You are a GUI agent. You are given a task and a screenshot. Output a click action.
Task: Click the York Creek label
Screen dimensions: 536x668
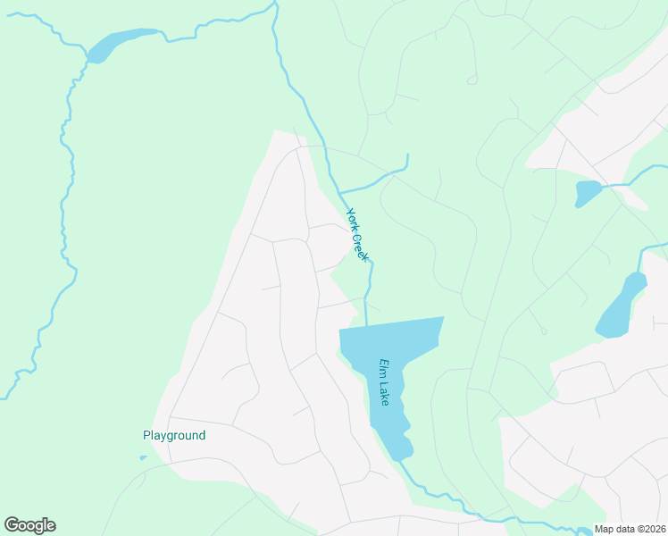[357, 234]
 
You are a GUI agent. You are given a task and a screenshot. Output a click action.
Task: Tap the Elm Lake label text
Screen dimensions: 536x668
[385, 382]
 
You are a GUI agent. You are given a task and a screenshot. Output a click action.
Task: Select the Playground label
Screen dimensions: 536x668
[174, 436]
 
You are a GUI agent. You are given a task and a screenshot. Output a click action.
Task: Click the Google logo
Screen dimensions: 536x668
[29, 525]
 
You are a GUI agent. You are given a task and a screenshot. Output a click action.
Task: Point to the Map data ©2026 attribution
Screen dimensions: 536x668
[630, 529]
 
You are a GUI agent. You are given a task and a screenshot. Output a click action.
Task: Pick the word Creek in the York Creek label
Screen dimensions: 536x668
[361, 245]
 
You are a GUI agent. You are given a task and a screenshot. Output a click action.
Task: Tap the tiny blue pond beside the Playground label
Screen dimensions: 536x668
[143, 458]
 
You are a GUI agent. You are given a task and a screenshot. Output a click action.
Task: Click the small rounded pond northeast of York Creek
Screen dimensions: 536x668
[588, 193]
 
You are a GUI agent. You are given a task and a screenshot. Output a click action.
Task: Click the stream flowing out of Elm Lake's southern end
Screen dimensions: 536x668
[438, 496]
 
